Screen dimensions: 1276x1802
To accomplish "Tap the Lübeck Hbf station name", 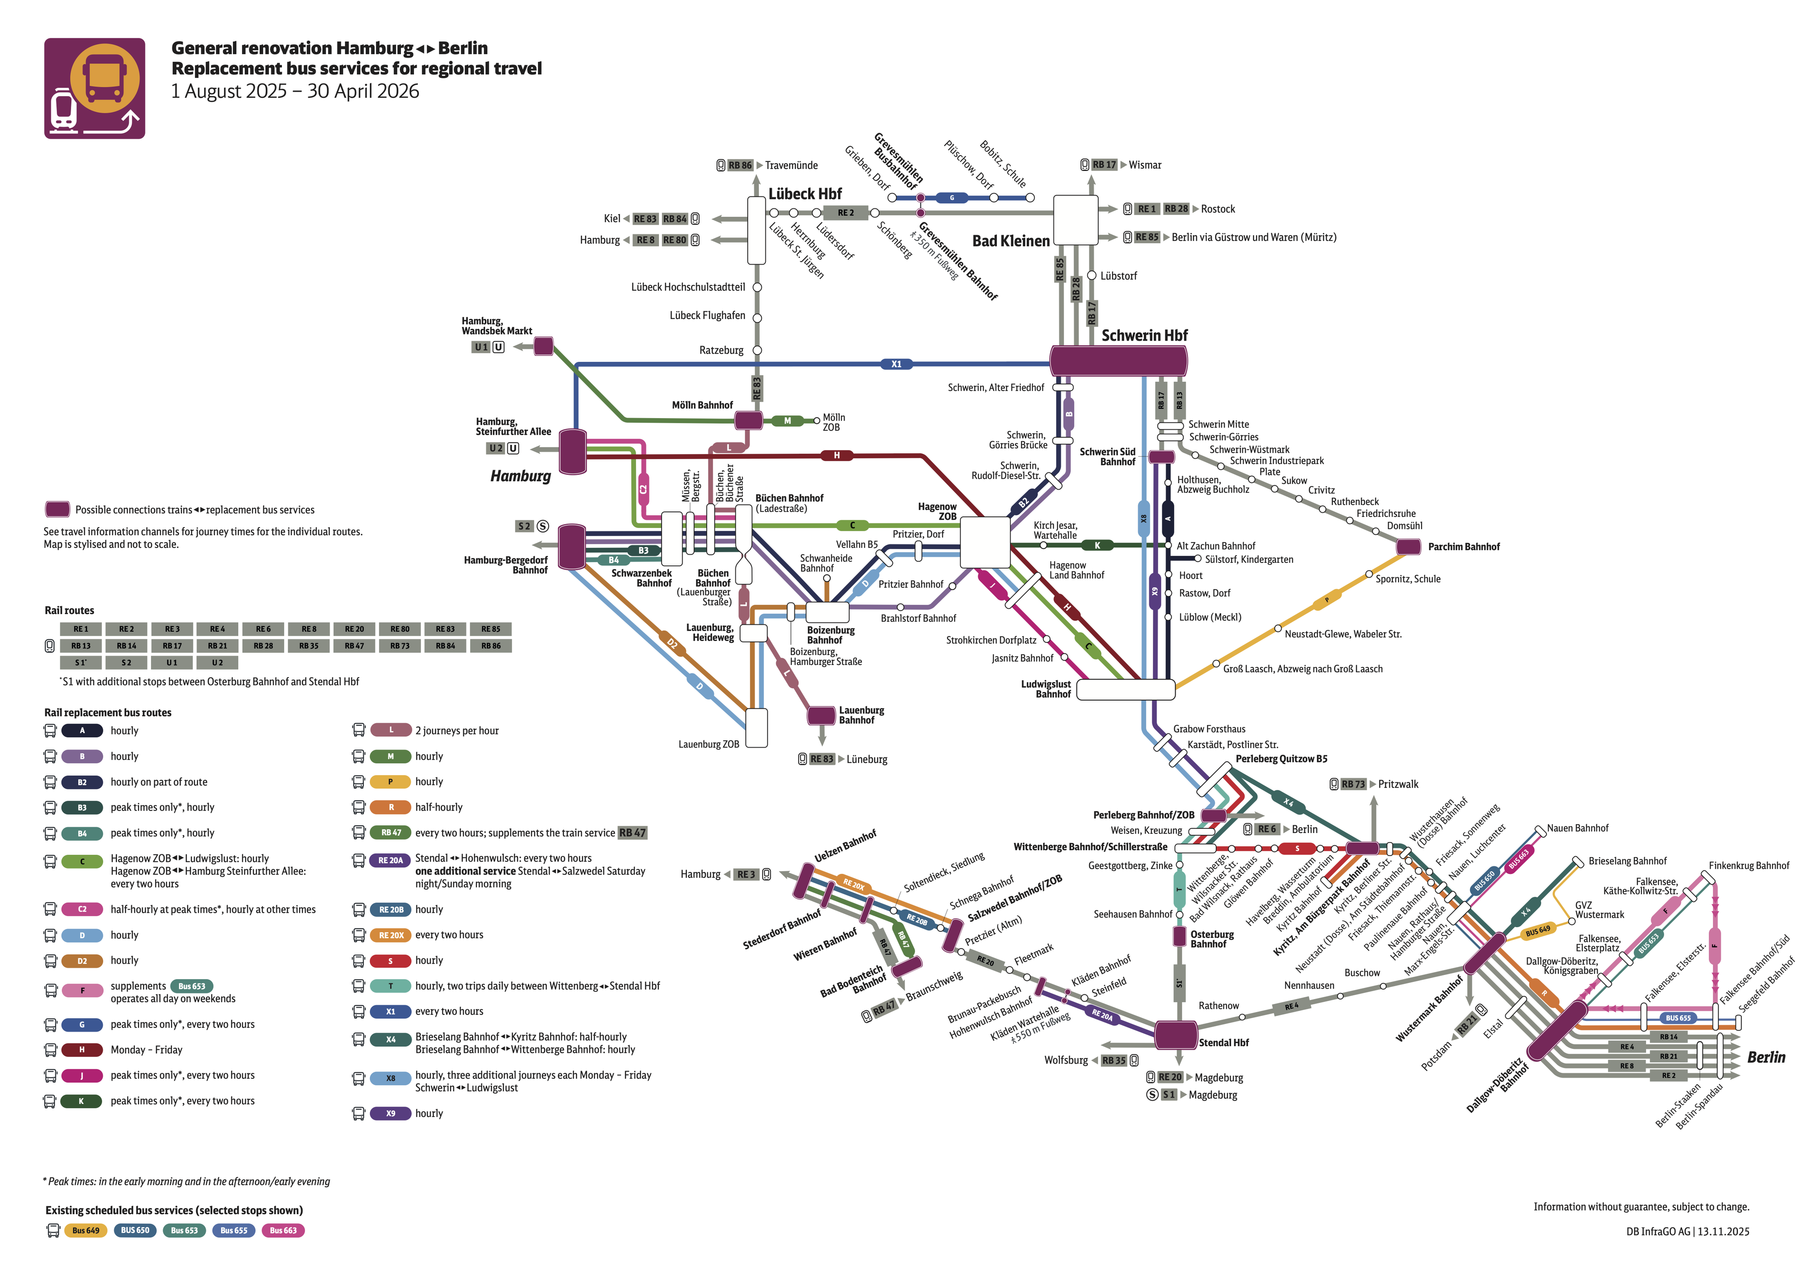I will (x=805, y=194).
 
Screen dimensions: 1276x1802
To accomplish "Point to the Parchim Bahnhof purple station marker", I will (x=1408, y=547).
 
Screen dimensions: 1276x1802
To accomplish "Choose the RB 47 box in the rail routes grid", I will (x=354, y=646).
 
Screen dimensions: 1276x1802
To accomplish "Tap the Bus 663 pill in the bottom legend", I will (x=283, y=1230).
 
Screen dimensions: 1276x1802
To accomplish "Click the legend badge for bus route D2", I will (x=82, y=961).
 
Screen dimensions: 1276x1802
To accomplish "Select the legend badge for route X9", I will (x=391, y=1113).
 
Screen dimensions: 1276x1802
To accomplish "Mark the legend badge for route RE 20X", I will (x=391, y=935).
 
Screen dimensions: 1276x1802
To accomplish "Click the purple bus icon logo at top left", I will (x=94, y=89).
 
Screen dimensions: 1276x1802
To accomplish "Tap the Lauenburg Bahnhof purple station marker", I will (x=822, y=715).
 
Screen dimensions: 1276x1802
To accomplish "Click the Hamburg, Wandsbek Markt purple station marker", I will (x=544, y=346).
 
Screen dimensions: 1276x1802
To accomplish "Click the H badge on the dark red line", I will (x=837, y=456).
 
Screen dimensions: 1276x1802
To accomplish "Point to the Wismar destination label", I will (x=1145, y=165).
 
